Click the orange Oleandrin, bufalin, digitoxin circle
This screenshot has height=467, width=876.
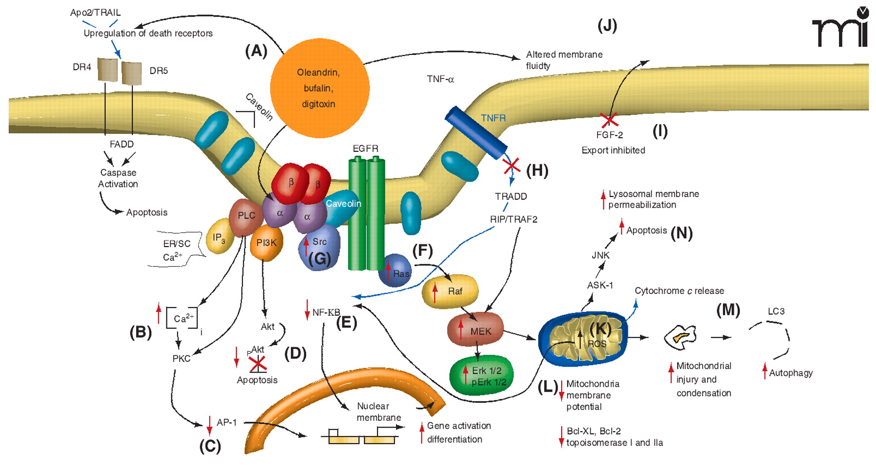click(319, 88)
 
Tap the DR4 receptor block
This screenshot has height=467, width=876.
click(108, 70)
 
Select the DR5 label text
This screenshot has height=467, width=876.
click(159, 71)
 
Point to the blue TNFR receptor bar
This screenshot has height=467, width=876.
click(476, 133)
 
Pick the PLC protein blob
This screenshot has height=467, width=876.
click(246, 216)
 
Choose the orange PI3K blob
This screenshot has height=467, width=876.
click(266, 243)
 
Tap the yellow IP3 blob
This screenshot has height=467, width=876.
click(219, 237)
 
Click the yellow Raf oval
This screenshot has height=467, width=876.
click(450, 291)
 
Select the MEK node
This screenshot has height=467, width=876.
click(475, 331)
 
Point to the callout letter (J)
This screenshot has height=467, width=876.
click(607, 25)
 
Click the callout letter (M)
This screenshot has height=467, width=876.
click(728, 310)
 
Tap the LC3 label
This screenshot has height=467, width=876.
click(776, 311)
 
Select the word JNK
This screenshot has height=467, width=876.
click(600, 255)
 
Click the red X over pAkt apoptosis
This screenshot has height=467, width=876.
click(257, 363)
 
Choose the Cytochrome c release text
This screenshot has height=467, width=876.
click(679, 291)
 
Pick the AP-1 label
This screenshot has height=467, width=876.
click(227, 422)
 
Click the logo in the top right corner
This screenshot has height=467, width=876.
click(840, 28)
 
